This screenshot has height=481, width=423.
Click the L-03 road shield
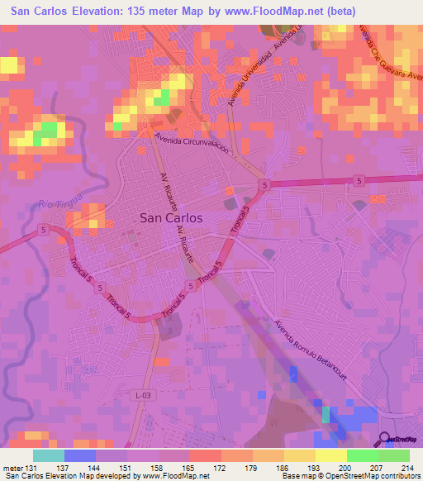pos(143,397)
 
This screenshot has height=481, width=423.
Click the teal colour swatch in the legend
pos(49,455)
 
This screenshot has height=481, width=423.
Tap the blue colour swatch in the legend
pos(80,455)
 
